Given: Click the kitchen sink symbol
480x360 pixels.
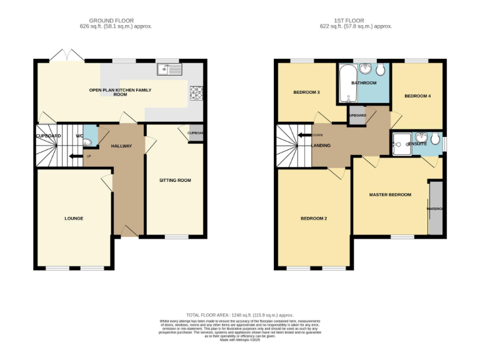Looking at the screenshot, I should coord(169,69).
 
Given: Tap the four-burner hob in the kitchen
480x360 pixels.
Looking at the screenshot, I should coord(196,92).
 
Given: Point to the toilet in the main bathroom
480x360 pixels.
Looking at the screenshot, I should coord(380,70).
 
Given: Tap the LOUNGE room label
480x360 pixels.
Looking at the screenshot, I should coord(74,218).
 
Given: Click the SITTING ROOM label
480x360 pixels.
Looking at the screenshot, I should coord(175,180).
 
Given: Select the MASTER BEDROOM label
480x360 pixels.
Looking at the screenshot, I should coord(390,194).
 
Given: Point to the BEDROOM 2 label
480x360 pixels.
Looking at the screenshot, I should coord(314,218).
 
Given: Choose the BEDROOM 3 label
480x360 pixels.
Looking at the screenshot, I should coord(307,92).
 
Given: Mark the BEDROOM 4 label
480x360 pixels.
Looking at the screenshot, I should coord(417,96).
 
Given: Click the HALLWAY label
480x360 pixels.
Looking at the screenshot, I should coord(121,146).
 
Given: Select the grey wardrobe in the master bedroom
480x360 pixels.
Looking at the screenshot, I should coord(435,208).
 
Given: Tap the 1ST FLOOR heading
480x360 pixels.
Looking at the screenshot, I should coord(356,21).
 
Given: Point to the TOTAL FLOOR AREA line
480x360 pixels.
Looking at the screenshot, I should coord(240,316).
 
